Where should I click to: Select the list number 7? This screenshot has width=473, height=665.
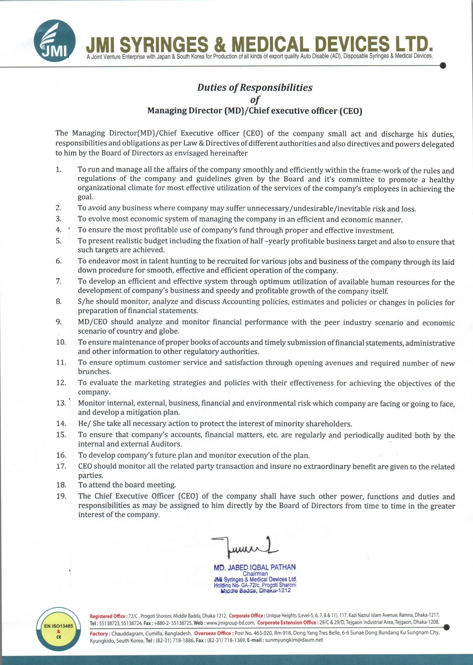click(x=59, y=281)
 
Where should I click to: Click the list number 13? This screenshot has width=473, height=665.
click(x=61, y=403)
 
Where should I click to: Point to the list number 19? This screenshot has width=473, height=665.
click(x=61, y=496)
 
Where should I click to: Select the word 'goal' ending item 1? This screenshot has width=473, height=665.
click(x=85, y=197)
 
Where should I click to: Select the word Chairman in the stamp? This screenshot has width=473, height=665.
click(x=255, y=574)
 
